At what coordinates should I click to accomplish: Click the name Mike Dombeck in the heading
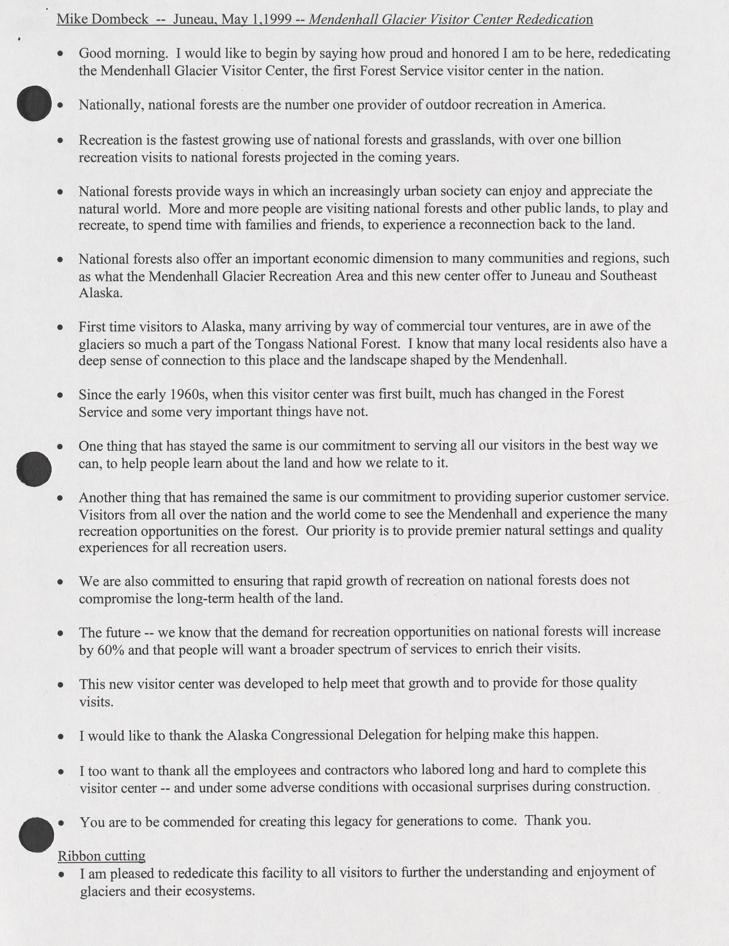[x=103, y=20]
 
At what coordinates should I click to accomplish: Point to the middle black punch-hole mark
[x=34, y=469]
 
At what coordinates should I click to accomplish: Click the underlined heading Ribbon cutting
[x=101, y=856]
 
